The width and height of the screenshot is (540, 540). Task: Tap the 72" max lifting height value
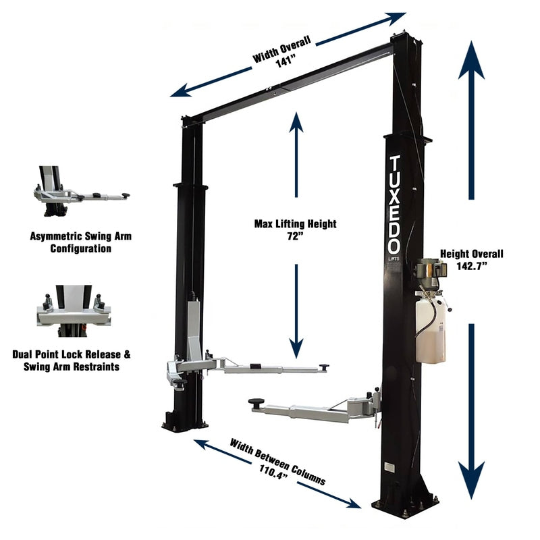(x=296, y=237)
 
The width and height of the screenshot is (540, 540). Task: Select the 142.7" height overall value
(x=472, y=267)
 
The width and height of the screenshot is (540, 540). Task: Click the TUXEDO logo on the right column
(x=396, y=203)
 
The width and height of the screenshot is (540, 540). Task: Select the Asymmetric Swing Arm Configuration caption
(x=80, y=242)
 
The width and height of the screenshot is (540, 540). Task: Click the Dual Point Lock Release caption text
(x=80, y=354)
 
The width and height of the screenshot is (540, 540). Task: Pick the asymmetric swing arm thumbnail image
(x=80, y=192)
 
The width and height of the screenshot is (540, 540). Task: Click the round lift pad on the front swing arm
(x=256, y=403)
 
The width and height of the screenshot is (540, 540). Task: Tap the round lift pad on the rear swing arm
(x=325, y=367)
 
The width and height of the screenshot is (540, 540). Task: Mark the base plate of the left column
(x=184, y=425)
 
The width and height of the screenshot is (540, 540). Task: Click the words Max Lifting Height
(x=295, y=223)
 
